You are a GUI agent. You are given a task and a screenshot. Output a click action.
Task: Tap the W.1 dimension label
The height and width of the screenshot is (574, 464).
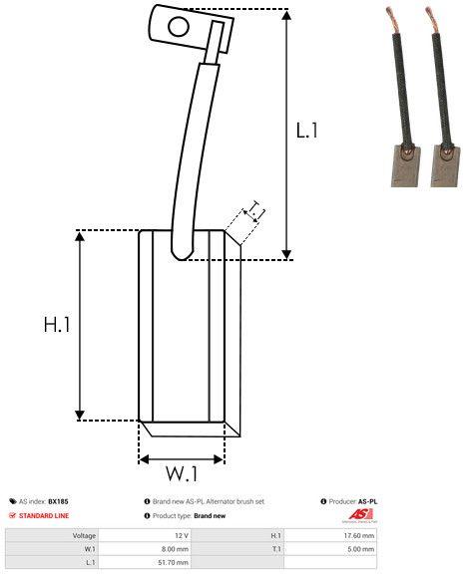point(182,472)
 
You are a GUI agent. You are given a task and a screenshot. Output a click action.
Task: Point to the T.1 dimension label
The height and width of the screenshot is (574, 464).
point(254,209)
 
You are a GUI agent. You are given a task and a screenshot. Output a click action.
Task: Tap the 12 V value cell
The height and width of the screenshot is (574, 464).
point(181,535)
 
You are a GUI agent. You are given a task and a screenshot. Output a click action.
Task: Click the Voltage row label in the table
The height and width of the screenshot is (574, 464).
point(84,535)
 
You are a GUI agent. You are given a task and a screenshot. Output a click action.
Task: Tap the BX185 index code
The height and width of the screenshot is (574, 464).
point(59,501)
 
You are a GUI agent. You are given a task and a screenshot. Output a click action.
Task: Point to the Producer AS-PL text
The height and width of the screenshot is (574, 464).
point(353,501)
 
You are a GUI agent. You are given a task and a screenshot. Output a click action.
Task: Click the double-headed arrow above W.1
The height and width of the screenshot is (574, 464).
point(182,458)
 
